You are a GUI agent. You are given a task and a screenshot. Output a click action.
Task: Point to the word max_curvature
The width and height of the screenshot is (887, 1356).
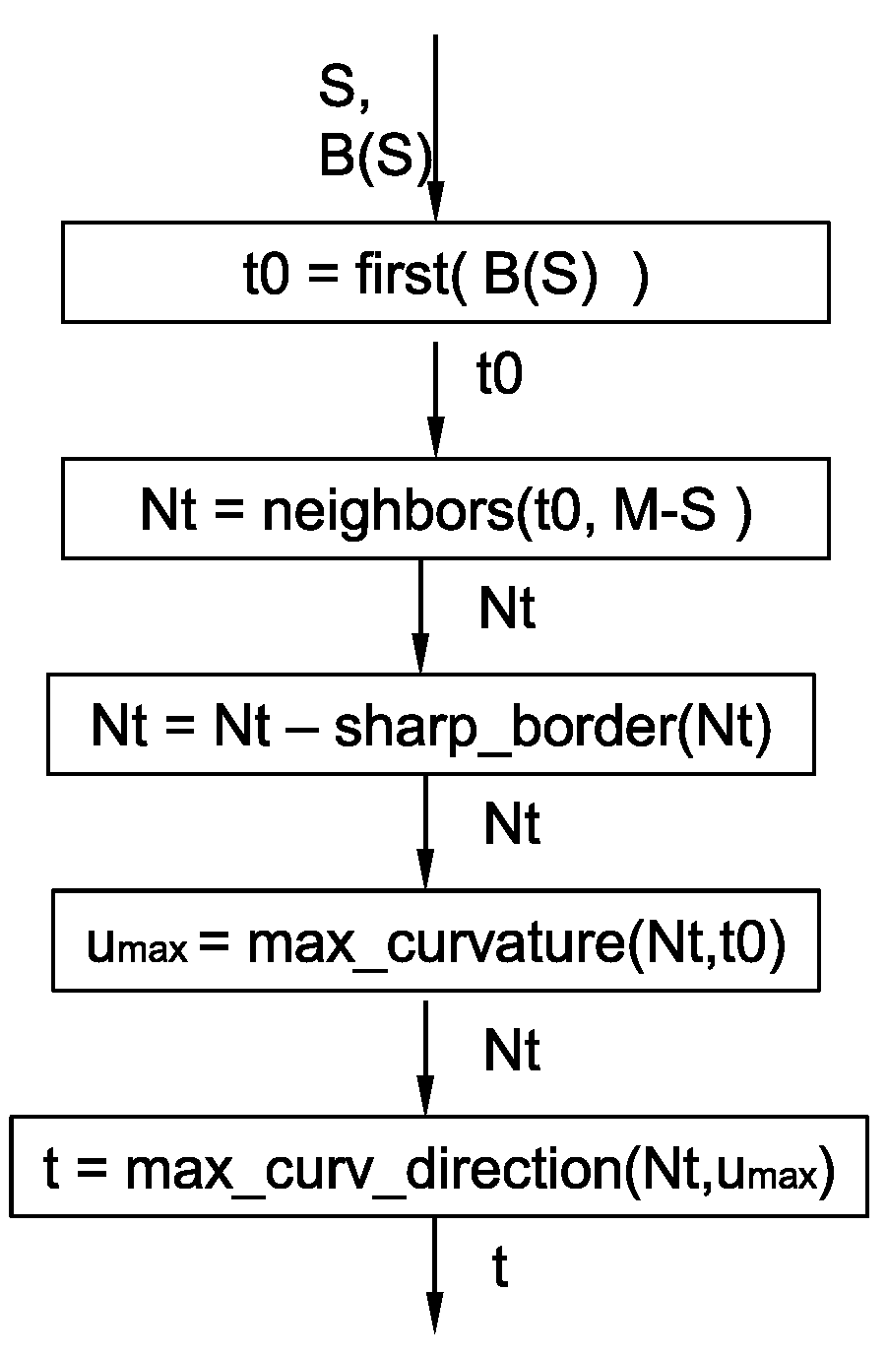pos(436,944)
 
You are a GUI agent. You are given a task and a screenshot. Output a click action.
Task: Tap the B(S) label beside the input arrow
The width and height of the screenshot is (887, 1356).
pos(374,156)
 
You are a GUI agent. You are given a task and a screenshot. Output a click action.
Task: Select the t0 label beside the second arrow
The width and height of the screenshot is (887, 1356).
pos(499,376)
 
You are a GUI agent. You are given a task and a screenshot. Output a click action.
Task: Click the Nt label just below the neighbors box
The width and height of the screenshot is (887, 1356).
pos(507,610)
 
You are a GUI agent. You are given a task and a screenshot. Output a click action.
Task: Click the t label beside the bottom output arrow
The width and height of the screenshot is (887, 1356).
pos(500,1269)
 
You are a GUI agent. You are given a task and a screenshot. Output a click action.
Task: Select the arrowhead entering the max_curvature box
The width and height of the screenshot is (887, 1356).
pos(425,872)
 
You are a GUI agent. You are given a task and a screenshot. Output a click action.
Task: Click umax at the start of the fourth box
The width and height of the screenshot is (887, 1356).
pos(137,948)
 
